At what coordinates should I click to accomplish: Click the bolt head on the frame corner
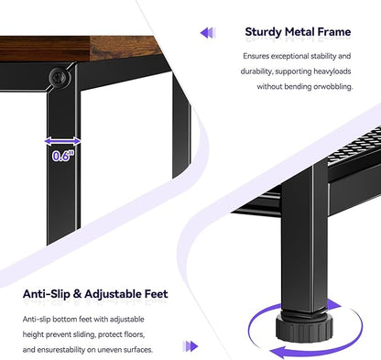(x=60, y=77)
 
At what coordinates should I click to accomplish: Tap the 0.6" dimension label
(x=63, y=156)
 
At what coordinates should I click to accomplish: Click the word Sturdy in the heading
(x=263, y=32)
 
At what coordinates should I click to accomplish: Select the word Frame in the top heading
(x=334, y=31)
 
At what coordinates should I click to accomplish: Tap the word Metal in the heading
(x=299, y=31)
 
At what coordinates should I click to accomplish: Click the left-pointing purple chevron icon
(x=208, y=33)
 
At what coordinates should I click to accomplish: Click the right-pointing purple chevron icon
(x=190, y=346)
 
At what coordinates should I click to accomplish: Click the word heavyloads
(x=332, y=71)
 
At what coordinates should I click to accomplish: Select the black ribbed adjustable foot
(x=304, y=328)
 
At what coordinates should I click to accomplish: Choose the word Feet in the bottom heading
(x=157, y=294)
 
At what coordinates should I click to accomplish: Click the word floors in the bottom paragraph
(x=136, y=334)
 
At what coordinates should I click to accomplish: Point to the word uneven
(x=110, y=350)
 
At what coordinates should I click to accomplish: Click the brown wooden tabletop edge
(x=76, y=49)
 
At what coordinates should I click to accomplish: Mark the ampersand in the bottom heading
(x=78, y=294)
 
